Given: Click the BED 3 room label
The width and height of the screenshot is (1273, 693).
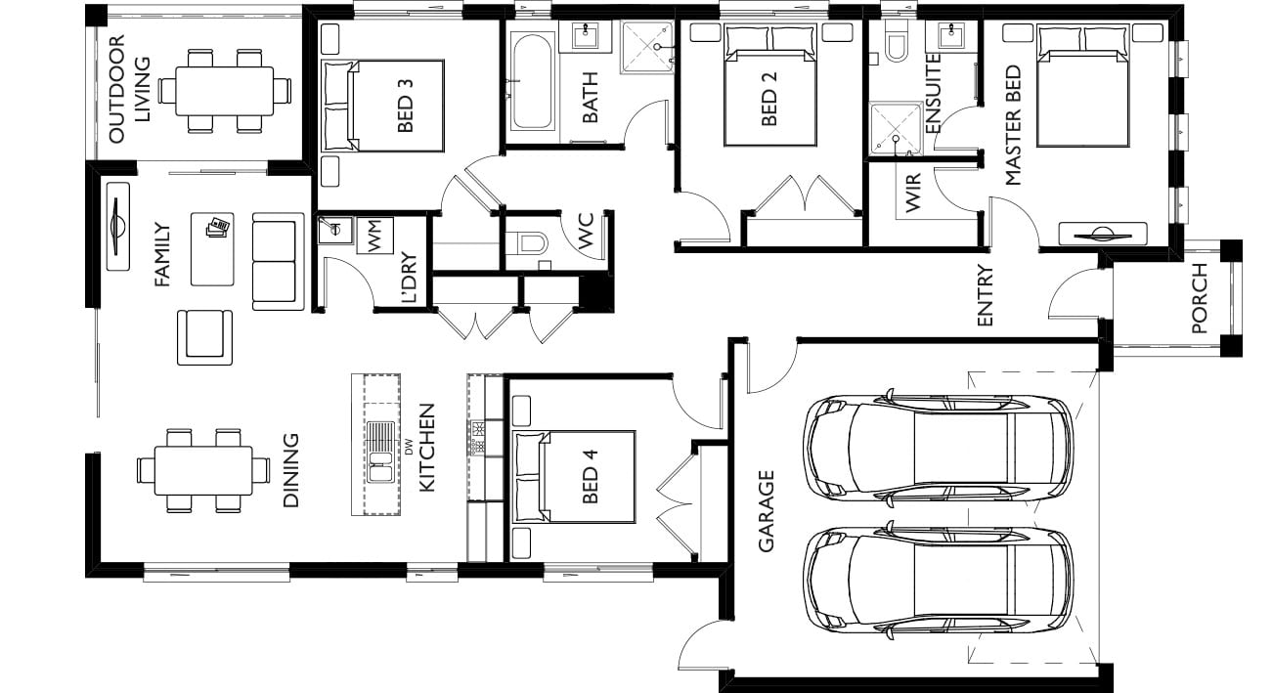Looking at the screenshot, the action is coord(405,106).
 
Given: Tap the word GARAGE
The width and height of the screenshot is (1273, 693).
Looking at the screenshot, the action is coord(767,511).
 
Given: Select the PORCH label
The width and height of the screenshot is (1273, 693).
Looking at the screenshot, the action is coord(1199,298).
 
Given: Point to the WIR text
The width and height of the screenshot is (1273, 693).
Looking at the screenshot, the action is coord(912,194).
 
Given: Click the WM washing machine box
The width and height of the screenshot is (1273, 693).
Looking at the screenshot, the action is coord(374,236).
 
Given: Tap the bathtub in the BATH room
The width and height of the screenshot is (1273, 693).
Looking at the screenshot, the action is coord(531,81).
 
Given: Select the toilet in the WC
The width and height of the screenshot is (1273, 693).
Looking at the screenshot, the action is coord(526,243).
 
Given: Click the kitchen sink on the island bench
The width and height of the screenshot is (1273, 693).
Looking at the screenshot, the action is coord(380,451).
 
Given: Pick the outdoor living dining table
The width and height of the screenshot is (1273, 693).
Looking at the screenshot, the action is coord(225,92).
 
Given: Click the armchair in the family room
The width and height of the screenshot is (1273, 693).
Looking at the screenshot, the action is coord(204,337).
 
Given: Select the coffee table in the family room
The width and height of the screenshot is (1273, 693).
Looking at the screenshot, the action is coord(212,249).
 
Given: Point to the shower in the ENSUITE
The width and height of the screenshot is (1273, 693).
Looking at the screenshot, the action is coord(896,128).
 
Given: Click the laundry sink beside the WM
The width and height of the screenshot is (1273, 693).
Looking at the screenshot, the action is coord(334,230).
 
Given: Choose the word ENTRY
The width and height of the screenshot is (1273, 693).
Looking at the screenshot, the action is coord(985,295).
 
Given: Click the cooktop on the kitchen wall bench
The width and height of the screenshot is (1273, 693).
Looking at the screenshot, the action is coord(477,437).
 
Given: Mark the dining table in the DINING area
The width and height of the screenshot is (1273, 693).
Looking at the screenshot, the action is coord(203,471).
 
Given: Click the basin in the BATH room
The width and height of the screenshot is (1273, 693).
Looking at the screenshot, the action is coord(585,36).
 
